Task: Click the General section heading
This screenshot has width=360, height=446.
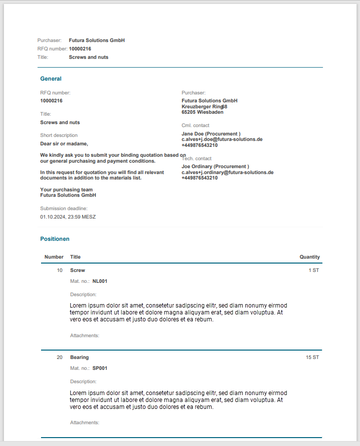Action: coord(51,79)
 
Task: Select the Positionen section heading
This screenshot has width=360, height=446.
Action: coord(55,239)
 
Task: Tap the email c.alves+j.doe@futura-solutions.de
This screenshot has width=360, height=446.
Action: coord(222,139)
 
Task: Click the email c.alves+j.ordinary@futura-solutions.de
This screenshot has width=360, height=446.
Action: coord(227,172)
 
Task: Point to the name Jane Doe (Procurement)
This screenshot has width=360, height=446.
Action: coord(211,134)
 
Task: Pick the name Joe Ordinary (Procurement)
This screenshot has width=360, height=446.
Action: coord(215,167)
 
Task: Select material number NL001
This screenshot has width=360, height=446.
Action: coord(100,281)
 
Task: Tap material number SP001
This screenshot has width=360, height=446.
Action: coord(100,368)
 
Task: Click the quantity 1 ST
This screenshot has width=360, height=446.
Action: coord(314,270)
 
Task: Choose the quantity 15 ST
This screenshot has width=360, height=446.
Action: coord(312,357)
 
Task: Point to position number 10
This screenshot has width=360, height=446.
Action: coord(60,270)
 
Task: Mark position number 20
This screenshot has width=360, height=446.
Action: coord(60,357)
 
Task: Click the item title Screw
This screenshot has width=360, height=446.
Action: coord(78,270)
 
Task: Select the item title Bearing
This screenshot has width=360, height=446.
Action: coord(80,357)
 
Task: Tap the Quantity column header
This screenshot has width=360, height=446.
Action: coord(310,257)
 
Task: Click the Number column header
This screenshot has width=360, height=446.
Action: coord(54,257)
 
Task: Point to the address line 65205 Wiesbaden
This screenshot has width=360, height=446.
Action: coord(202,112)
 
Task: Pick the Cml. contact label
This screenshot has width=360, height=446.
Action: coord(195,126)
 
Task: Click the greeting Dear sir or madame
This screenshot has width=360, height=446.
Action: coord(64,144)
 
